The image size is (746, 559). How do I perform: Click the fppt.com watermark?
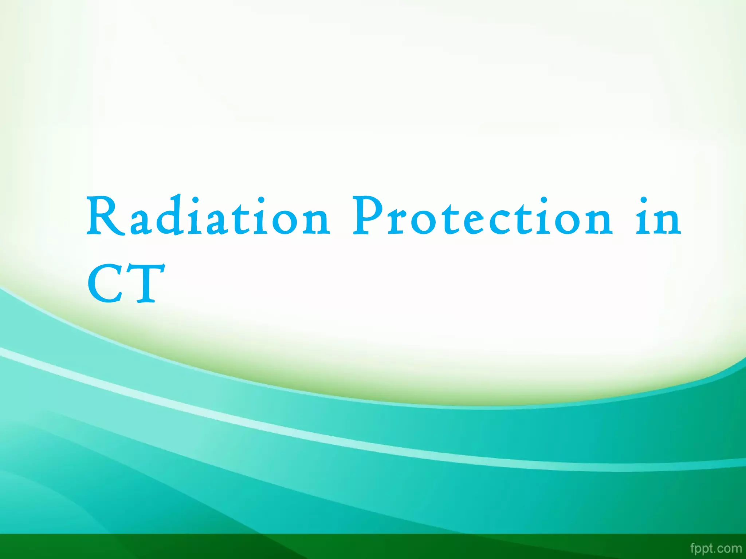pos(715,548)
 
